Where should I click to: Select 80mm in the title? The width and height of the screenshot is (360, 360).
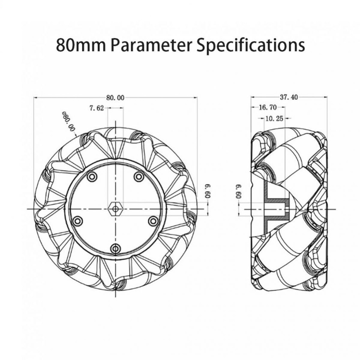(81, 45)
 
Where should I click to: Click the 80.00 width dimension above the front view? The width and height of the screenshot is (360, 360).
(115, 98)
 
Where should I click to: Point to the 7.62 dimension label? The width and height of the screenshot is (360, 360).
(97, 108)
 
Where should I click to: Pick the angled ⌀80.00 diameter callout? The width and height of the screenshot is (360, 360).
(69, 121)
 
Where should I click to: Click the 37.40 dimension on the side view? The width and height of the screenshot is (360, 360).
(289, 97)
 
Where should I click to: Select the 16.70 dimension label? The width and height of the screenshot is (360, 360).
(268, 107)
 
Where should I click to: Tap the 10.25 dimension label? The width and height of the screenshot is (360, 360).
(274, 119)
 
